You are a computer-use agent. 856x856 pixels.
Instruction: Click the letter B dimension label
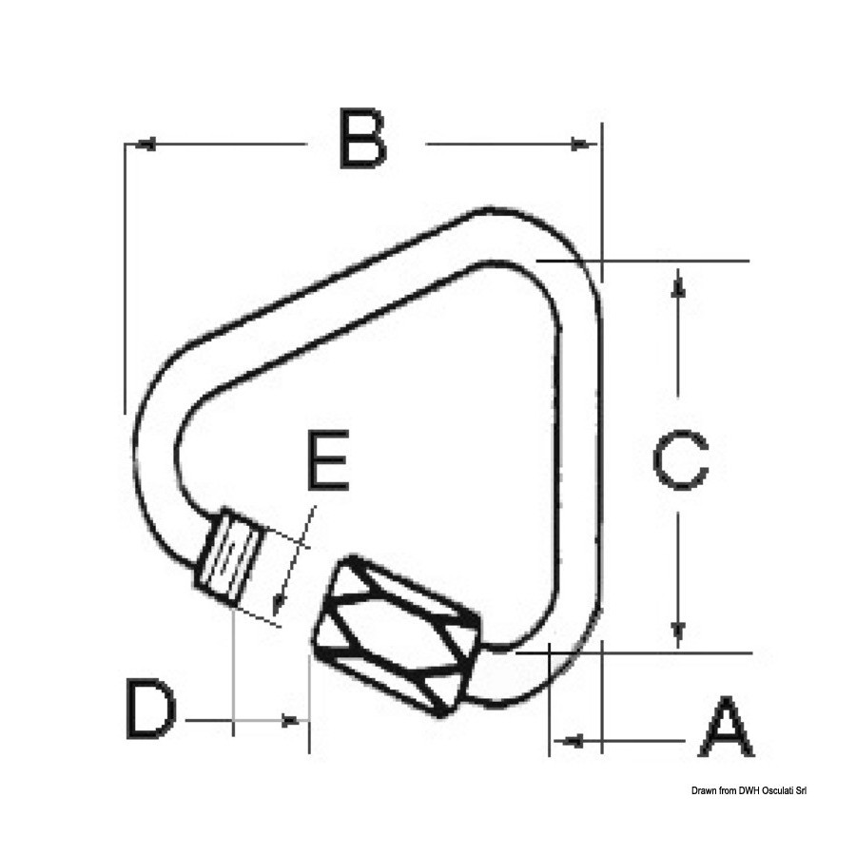[362, 139]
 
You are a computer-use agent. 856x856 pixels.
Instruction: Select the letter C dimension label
[680, 459]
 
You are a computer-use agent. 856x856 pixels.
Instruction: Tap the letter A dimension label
[726, 727]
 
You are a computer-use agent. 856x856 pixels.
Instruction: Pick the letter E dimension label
[327, 459]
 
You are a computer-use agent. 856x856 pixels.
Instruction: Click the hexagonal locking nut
[397, 635]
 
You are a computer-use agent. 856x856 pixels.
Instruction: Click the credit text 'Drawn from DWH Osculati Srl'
[749, 790]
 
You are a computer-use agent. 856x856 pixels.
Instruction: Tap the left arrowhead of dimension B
[145, 145]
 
